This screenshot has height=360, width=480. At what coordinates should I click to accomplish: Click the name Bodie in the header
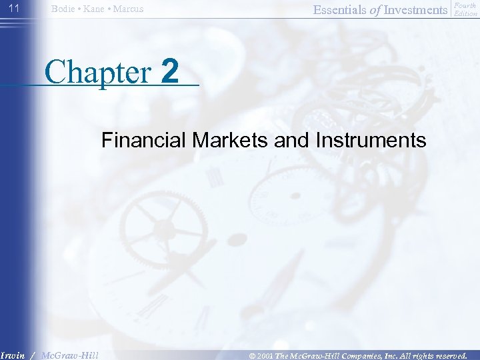click(x=64, y=9)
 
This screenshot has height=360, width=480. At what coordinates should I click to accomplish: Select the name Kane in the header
click(x=95, y=9)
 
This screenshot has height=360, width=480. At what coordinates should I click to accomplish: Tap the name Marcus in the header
click(x=128, y=9)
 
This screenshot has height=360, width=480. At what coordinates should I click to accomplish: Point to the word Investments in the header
click(x=415, y=9)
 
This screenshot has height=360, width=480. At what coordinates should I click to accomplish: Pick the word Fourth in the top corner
click(x=465, y=6)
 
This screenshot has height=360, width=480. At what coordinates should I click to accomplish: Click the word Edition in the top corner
click(x=465, y=13)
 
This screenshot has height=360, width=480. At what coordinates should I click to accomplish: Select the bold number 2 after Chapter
click(x=170, y=71)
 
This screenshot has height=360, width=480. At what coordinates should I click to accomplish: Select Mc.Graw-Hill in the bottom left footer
click(x=69, y=355)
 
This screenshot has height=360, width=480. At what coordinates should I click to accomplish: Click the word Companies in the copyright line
click(x=371, y=355)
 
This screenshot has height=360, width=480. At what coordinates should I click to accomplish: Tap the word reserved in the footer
click(x=451, y=355)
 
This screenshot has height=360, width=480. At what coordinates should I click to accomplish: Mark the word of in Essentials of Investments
click(x=373, y=9)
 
